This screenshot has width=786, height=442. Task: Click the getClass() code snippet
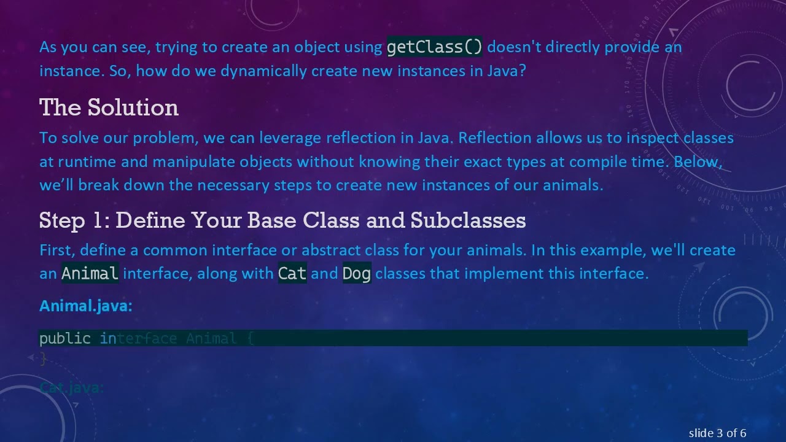434,47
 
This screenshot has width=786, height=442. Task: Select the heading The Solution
109,108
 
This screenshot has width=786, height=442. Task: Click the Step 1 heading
282,220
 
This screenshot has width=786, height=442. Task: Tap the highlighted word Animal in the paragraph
90,273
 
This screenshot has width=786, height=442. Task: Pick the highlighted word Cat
292,273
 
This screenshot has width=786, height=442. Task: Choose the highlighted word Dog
356,273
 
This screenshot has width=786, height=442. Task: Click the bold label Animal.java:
85,306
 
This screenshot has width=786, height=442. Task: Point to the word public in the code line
64,338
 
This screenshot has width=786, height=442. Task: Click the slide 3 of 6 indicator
717,433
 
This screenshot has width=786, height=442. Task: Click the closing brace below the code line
42,359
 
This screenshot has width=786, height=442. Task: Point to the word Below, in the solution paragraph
698,161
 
